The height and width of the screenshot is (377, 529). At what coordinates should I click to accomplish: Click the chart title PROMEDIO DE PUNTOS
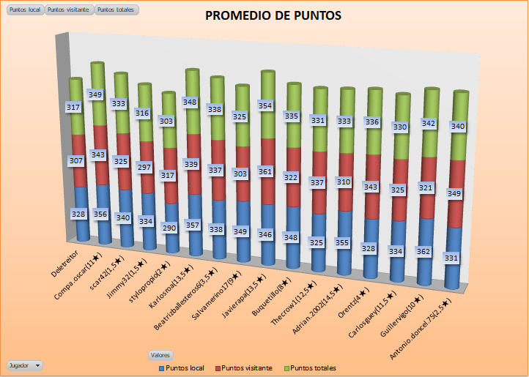coord(273,15)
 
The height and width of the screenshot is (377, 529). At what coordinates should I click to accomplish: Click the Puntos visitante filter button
coord(69,10)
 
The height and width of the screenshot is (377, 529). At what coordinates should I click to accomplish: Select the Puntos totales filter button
coord(116,10)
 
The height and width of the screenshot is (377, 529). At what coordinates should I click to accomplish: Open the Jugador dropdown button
coord(24,365)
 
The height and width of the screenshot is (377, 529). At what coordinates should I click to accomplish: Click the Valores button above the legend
coord(160,354)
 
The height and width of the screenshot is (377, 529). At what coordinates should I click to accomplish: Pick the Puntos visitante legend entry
coord(245,367)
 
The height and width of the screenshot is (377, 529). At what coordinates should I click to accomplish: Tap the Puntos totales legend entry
coord(311,367)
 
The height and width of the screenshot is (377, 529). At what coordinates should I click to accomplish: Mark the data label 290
coord(169,228)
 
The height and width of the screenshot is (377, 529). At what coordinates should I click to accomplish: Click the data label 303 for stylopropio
coord(167,121)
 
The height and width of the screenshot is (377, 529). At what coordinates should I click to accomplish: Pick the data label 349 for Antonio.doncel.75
coord(454,193)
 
